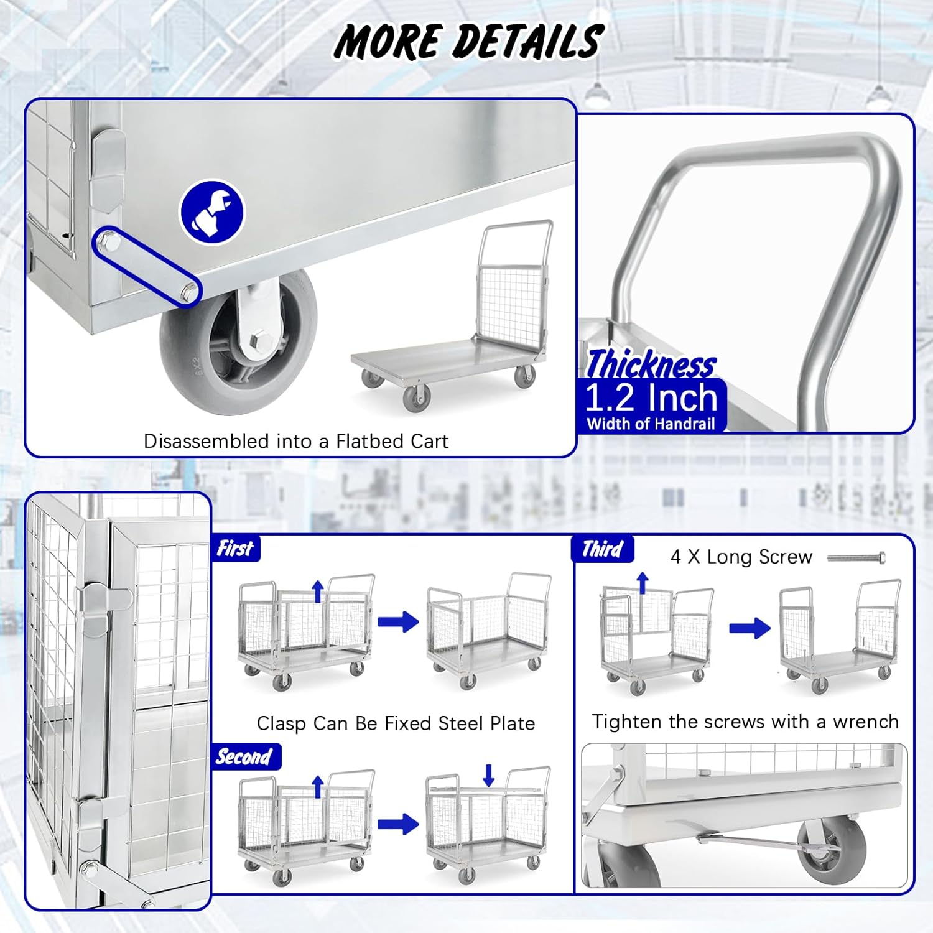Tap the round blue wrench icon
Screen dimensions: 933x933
212,213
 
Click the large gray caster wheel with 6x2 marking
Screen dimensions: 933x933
238,341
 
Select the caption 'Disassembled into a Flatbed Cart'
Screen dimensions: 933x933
295,441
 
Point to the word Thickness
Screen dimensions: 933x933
651,364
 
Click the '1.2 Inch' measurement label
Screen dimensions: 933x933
651,397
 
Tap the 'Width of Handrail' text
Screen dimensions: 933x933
651,424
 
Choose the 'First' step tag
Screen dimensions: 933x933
235,549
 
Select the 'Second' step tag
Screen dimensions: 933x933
244,756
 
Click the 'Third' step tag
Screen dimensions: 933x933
602,549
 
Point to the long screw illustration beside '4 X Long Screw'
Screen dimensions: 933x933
856,557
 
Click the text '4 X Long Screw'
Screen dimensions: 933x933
741,557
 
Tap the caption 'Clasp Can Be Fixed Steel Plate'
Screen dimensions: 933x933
396,723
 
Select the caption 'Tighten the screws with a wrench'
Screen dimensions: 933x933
745,722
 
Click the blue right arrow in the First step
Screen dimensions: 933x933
398,621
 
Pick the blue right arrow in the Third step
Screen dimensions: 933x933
750,628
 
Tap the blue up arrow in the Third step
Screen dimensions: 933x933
643,583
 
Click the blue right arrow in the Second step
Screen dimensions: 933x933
398,824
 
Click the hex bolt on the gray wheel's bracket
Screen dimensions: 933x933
262,341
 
